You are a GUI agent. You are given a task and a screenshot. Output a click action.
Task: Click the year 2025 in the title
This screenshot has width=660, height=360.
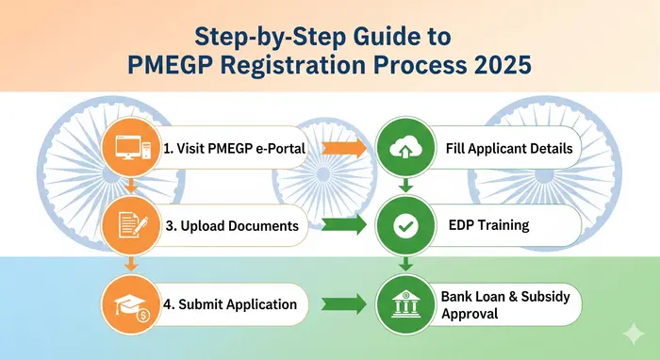[x=503, y=69]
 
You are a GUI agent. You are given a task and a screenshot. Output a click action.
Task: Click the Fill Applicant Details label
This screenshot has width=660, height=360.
[x=508, y=149]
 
